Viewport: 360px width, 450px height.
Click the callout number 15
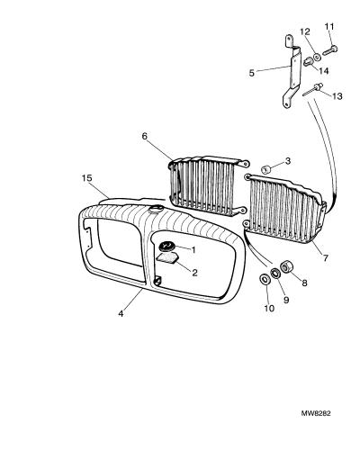pyautogui.click(x=87, y=178)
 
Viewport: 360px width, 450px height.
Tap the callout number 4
pyautogui.click(x=121, y=314)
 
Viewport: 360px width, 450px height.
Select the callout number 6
pyautogui.click(x=145, y=137)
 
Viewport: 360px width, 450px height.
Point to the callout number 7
pyautogui.click(x=326, y=257)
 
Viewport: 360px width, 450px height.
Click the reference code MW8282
pyautogui.click(x=316, y=413)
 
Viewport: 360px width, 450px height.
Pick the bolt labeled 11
pyautogui.click(x=330, y=50)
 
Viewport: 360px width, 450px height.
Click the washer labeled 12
pyautogui.click(x=317, y=56)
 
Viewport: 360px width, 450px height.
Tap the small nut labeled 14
pyautogui.click(x=308, y=62)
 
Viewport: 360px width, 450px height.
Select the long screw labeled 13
pyautogui.click(x=312, y=90)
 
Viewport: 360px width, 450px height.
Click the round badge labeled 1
pyautogui.click(x=166, y=247)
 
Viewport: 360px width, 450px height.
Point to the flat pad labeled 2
pyautogui.click(x=167, y=258)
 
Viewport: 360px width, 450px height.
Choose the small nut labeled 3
pyautogui.click(x=265, y=169)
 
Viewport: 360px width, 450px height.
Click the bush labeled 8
pyautogui.click(x=286, y=266)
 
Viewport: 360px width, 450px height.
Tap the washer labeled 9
pyautogui.click(x=275, y=273)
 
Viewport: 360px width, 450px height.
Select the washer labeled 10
pyautogui.click(x=265, y=280)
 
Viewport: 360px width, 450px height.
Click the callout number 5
pyautogui.click(x=252, y=73)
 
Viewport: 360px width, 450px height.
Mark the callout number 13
pyautogui.click(x=337, y=96)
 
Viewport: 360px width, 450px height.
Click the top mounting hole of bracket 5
pyautogui.click(x=288, y=39)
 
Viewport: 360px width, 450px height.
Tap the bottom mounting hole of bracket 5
pyautogui.click(x=287, y=104)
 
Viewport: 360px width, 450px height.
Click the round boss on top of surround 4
pyautogui.click(x=156, y=209)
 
